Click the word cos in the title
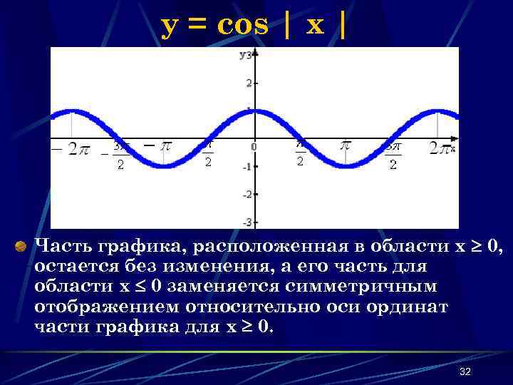243,25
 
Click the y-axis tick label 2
248,83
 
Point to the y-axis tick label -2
247,194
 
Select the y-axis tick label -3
247,222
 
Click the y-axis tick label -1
247,167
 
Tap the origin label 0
252,147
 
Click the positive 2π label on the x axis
440,148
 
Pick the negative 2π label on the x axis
71,149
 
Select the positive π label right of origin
346,145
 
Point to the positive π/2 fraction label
301,153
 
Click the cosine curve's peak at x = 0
256,111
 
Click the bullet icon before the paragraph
21,247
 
